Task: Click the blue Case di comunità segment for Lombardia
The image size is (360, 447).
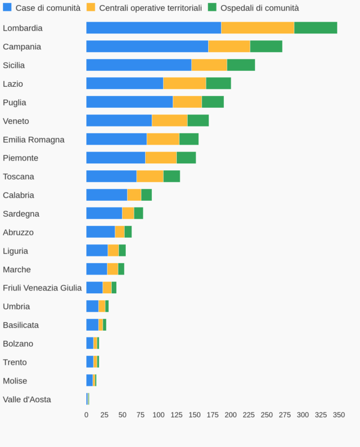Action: (154, 28)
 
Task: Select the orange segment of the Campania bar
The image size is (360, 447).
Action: (229, 47)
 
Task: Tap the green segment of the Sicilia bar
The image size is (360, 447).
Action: (241, 65)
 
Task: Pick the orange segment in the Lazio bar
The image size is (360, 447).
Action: (185, 83)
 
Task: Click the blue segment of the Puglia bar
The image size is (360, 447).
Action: (129, 102)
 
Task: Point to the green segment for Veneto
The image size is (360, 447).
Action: (198, 121)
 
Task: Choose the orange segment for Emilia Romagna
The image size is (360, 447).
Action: (163, 140)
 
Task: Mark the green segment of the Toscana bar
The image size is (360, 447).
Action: (172, 176)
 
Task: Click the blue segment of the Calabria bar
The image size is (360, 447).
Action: (107, 195)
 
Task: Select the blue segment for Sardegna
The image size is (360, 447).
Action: (104, 213)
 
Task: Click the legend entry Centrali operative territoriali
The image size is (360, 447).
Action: (150, 8)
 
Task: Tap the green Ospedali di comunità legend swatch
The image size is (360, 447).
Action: (213, 7)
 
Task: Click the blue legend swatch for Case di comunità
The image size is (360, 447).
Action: (7, 7)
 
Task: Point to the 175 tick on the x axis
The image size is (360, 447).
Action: (213, 415)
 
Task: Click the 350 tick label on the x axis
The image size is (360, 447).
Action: (338, 415)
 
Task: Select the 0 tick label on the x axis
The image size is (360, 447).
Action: (86, 415)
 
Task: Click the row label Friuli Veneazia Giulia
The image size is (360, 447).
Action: (42, 288)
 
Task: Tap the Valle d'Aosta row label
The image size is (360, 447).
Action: (27, 399)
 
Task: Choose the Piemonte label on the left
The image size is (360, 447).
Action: (20, 158)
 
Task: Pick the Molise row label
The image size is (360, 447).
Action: (15, 381)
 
